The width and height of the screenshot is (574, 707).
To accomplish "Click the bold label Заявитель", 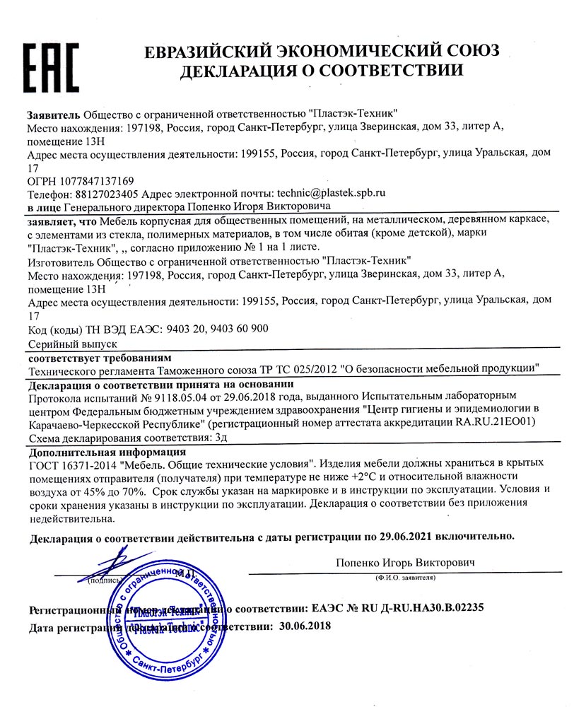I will [54, 114].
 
